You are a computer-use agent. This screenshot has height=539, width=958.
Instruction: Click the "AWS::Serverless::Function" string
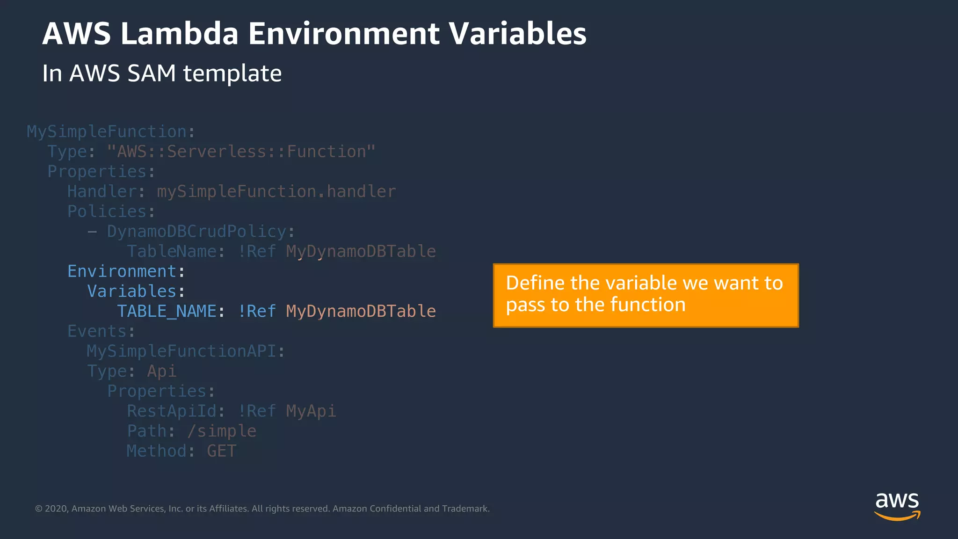[x=241, y=152]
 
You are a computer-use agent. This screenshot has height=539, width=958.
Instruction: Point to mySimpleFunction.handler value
[x=276, y=192]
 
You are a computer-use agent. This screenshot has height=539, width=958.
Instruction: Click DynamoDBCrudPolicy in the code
[x=196, y=232]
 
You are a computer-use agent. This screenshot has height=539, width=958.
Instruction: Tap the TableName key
[x=172, y=252]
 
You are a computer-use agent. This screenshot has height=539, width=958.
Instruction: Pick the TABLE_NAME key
[x=167, y=312]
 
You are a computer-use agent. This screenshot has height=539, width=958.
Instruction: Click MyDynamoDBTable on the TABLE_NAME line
[x=361, y=312]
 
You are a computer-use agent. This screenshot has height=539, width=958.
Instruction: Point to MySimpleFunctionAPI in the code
[x=182, y=351]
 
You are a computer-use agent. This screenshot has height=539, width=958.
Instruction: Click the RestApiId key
[x=172, y=411]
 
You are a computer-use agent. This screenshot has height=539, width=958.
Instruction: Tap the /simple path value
[x=222, y=431]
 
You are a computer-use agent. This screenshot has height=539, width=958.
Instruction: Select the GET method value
[x=222, y=451]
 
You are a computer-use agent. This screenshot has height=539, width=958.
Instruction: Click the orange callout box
[x=646, y=295]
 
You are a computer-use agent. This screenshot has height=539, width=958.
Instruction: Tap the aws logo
[x=897, y=506]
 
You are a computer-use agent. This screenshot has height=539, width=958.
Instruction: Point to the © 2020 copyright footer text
[x=262, y=509]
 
